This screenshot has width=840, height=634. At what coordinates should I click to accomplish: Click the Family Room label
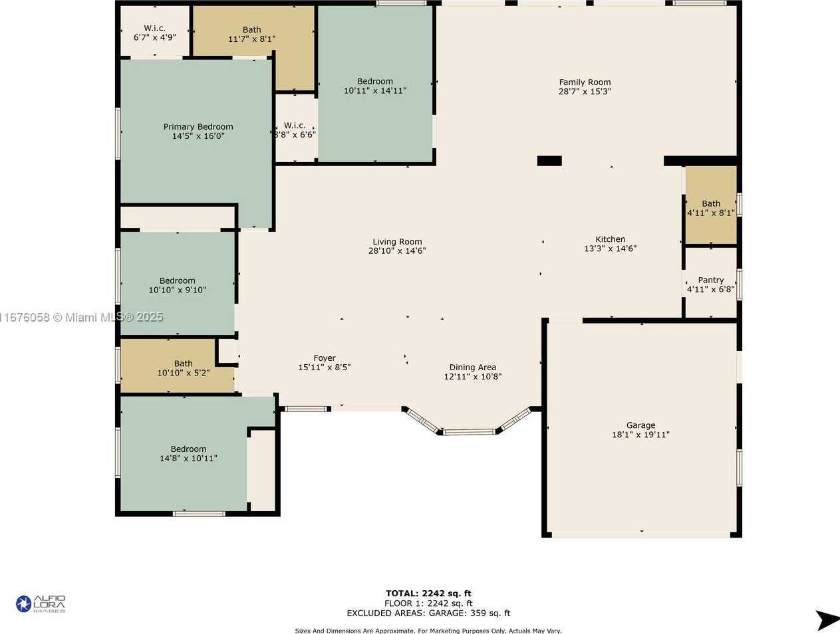pos(585,82)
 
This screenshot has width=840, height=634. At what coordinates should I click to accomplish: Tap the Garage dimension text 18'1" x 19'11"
pos(640,435)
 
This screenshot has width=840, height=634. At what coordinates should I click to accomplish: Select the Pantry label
pos(711,280)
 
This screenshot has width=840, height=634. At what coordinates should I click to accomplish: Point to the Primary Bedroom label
pos(198,127)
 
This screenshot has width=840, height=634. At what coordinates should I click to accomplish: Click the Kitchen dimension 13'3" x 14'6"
pos(610,249)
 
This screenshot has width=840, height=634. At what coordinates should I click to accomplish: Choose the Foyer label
pos(325,358)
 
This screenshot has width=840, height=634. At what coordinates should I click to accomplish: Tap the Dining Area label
pos(473,368)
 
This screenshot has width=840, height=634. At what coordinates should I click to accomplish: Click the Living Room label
pos(397,242)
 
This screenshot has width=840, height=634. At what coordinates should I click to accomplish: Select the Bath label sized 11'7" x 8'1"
pos(252,29)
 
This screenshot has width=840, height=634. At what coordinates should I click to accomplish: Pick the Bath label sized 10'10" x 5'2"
pos(184,364)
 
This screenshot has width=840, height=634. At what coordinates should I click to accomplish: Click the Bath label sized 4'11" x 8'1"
pos(711,203)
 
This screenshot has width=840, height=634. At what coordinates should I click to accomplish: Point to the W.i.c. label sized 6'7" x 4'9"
pos(154,29)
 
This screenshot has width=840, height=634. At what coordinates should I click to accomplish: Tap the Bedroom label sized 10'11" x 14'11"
pos(375,82)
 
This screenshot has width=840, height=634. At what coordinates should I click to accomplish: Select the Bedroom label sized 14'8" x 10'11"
pos(188,449)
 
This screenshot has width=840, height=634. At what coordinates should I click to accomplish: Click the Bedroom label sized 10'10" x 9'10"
pos(177,280)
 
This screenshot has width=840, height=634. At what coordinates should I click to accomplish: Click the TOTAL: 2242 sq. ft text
pos(428,593)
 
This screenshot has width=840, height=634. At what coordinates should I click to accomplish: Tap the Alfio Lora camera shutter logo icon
pos(23,604)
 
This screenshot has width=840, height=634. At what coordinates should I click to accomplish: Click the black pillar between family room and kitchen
pos(549,161)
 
